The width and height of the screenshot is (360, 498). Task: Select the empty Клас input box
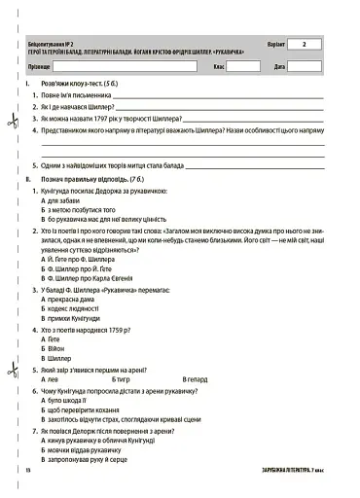coord(245,67)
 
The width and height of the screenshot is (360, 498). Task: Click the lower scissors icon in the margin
coord(11,369)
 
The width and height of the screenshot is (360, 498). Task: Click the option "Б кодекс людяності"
coord(77,310)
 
